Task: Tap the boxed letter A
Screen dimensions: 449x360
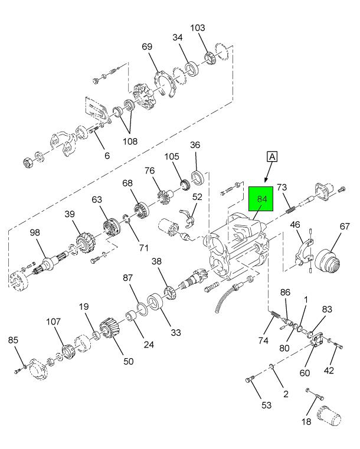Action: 272,156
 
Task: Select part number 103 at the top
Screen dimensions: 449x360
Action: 198,28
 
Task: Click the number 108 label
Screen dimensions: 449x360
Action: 129,141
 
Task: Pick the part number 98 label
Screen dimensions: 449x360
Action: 35,233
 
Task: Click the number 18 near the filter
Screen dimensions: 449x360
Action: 306,421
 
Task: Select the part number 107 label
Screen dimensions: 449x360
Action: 54,322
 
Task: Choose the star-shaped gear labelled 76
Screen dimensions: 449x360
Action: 165,194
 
